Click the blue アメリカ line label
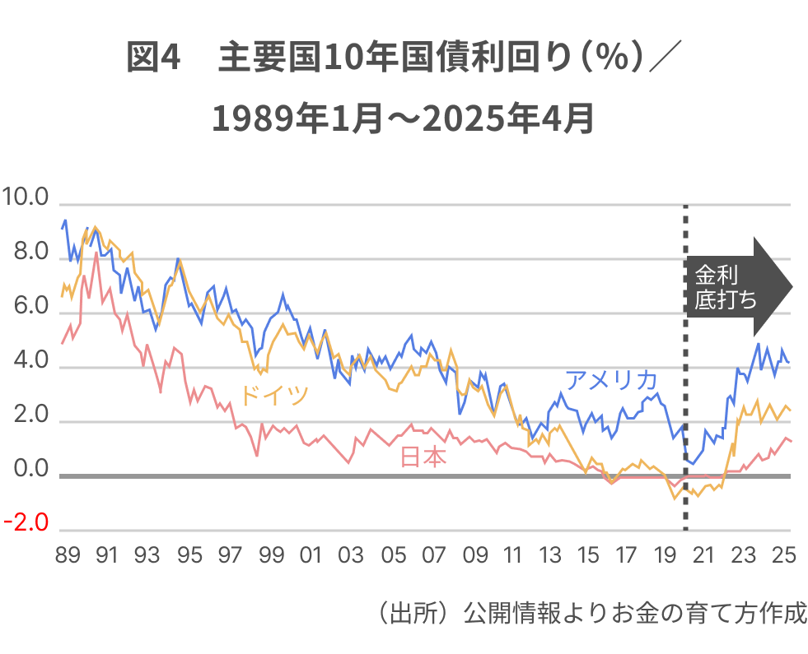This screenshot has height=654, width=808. [611, 380]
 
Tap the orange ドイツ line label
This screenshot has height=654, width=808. [274, 395]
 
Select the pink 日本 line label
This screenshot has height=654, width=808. [423, 457]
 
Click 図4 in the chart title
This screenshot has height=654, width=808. [153, 59]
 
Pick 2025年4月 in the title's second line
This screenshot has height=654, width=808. [517, 120]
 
